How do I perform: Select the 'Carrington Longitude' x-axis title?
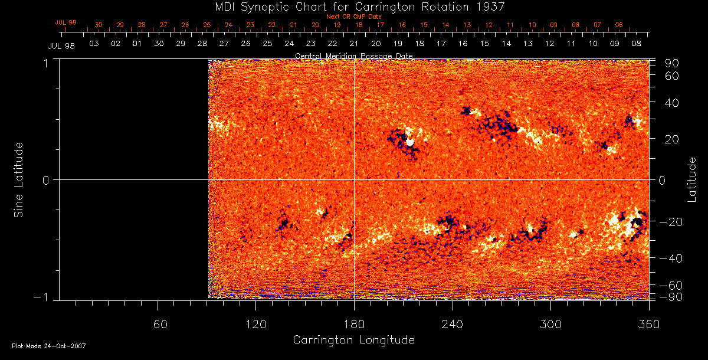[353, 340]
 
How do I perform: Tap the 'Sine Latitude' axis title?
[19, 179]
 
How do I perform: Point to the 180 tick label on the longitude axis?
[353, 324]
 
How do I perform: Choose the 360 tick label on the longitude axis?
[649, 324]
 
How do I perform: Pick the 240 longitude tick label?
[452, 324]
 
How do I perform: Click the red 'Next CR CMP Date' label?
[353, 17]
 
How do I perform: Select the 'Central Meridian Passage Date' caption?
[353, 56]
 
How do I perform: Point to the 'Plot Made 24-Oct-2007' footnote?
[49, 346]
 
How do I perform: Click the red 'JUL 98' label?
[65, 22]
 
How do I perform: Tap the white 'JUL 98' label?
[61, 46]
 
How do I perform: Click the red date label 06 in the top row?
[618, 25]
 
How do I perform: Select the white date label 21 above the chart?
[354, 44]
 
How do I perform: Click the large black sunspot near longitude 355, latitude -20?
[637, 222]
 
